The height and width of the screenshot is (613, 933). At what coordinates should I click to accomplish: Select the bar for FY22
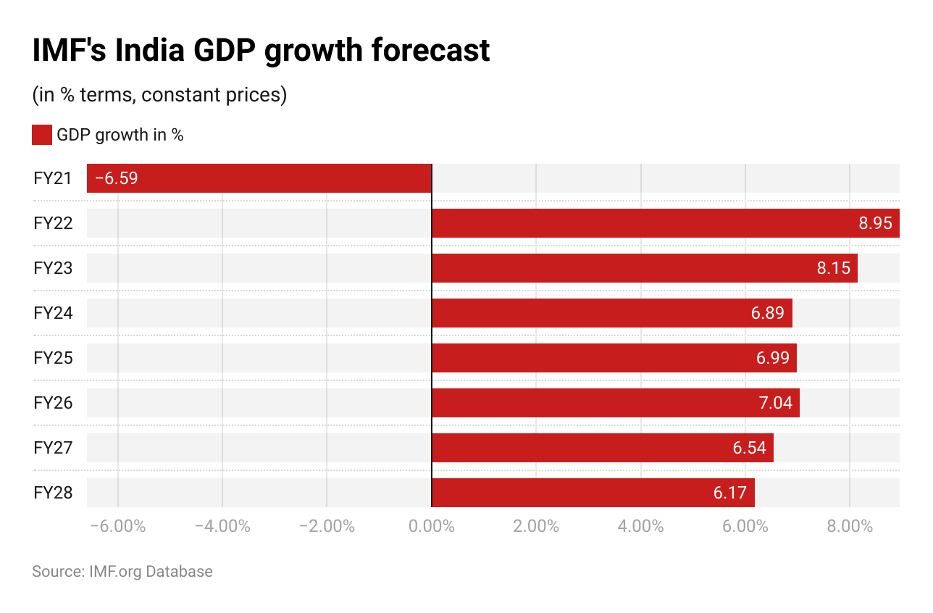tap(665, 223)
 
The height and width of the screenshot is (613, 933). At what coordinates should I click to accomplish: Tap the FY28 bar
tap(593, 493)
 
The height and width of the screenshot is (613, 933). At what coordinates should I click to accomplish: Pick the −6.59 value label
tap(117, 178)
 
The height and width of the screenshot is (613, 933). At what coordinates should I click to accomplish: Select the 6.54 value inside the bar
tap(749, 448)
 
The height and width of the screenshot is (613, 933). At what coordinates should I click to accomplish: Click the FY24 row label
tap(53, 313)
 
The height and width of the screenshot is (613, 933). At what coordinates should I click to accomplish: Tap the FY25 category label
tap(53, 358)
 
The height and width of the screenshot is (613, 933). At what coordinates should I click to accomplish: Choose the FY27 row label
tap(53, 448)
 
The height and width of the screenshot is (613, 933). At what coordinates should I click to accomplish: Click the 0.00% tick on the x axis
tap(431, 526)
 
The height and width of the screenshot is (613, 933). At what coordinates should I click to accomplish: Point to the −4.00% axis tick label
tap(222, 526)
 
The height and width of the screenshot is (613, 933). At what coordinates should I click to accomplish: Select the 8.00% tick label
tap(850, 526)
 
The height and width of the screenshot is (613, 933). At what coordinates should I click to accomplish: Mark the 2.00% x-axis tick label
tap(536, 526)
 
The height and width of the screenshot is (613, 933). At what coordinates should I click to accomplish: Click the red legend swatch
tap(42, 135)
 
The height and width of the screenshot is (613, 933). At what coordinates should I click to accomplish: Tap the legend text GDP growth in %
tap(120, 135)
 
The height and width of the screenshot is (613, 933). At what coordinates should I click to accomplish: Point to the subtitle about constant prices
tap(159, 95)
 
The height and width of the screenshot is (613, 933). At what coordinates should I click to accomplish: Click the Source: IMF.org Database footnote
tap(122, 572)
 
